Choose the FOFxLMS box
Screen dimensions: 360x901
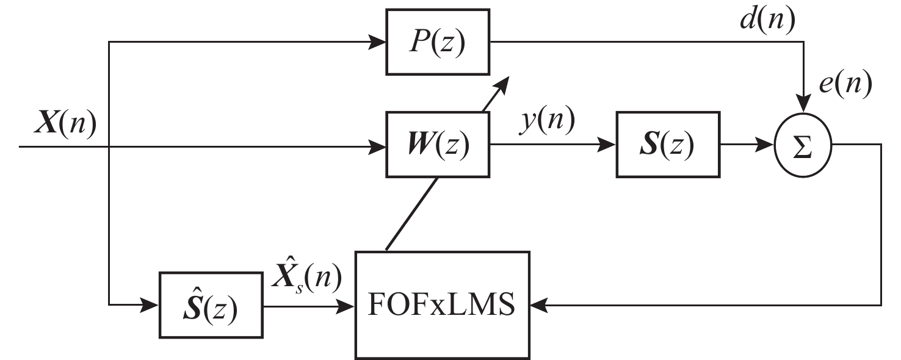tap(443, 304)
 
